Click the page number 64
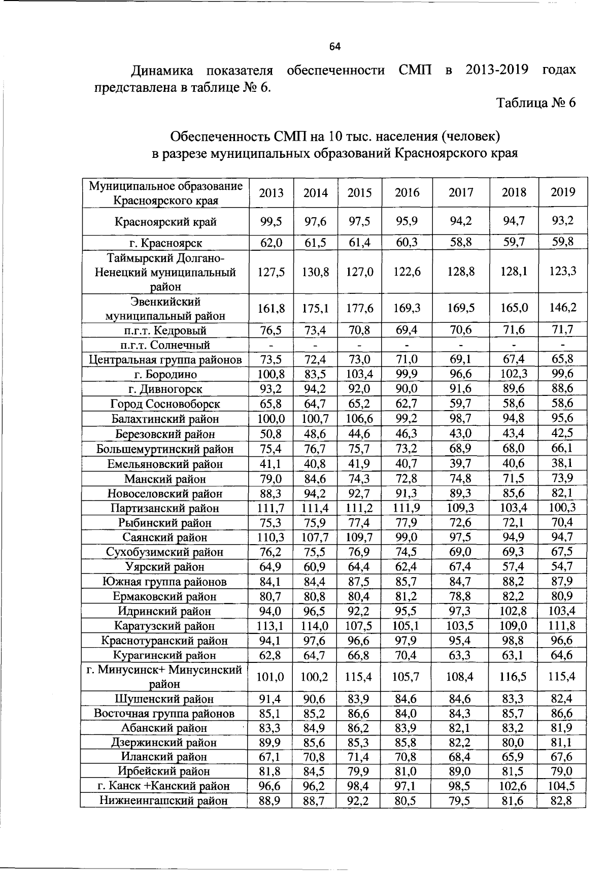(334, 47)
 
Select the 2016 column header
(407, 192)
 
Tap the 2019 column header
(563, 192)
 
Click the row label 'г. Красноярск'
(165, 243)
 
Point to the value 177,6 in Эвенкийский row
(360, 308)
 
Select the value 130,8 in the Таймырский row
(315, 272)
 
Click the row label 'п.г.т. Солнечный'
(165, 345)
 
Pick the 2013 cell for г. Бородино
(270, 375)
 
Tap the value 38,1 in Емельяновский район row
(563, 463)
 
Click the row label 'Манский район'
(165, 479)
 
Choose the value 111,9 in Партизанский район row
(407, 508)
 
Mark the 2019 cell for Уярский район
(563, 566)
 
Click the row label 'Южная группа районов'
(165, 582)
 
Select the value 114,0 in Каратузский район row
(315, 625)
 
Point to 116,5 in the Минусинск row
(514, 676)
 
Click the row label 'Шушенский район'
(165, 699)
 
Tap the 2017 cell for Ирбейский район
(461, 772)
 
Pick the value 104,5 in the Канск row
(563, 786)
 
